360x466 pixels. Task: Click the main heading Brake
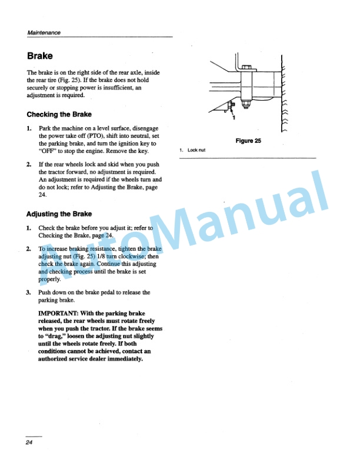40,56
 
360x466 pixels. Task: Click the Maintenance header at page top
44,32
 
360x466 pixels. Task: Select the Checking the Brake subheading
59,114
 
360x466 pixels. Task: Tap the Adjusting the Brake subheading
59,214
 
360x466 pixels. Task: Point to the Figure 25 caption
248,141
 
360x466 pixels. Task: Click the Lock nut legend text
196,150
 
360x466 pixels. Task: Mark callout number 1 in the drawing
234,118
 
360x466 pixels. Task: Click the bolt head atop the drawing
246,66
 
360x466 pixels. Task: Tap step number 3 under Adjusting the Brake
28,292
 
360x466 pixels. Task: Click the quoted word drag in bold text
59,336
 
